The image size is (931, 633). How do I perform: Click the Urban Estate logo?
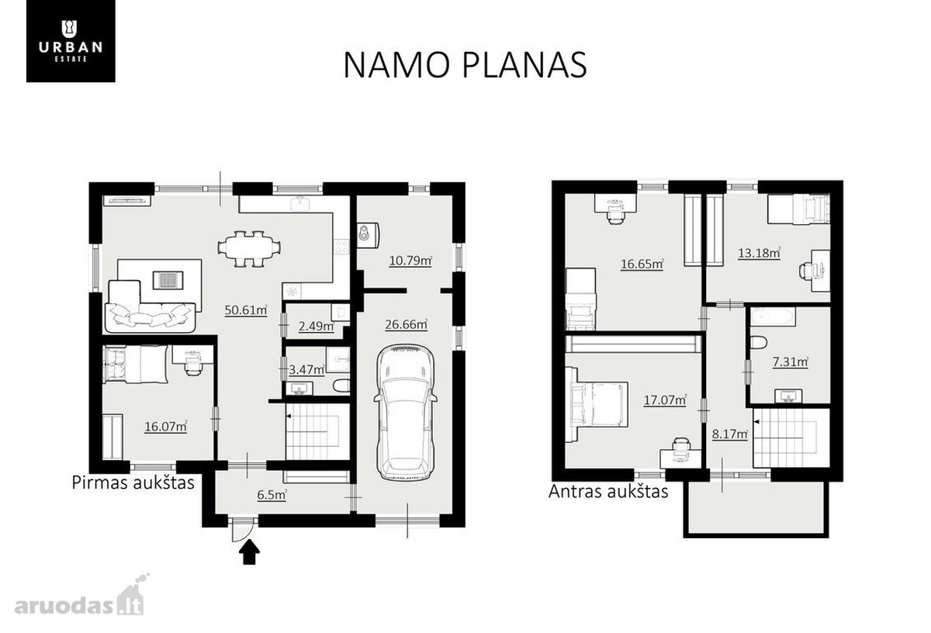click(71, 41)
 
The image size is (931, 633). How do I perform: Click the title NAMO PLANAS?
click(465, 65)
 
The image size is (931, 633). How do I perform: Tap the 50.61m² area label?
click(246, 310)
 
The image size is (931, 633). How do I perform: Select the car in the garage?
click(405, 412)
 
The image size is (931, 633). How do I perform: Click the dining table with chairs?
click(249, 248)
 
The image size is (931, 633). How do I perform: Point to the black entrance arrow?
click(249, 552)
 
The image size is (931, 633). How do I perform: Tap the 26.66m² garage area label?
click(406, 324)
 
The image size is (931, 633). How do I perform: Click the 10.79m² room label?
click(410, 261)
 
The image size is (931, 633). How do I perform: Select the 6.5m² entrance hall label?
click(272, 495)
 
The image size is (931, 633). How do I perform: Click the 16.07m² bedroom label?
click(165, 427)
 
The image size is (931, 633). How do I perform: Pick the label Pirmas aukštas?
click(133, 483)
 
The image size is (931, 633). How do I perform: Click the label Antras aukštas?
click(608, 491)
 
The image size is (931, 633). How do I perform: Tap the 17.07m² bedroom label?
click(665, 400)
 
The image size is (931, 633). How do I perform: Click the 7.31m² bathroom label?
click(790, 362)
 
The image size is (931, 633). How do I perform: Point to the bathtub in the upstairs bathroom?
click(773, 316)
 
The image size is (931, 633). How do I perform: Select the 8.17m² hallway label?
click(730, 434)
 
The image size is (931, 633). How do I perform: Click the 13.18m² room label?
click(760, 253)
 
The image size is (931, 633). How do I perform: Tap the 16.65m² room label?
click(642, 264)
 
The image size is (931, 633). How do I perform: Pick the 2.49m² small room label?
click(317, 327)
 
